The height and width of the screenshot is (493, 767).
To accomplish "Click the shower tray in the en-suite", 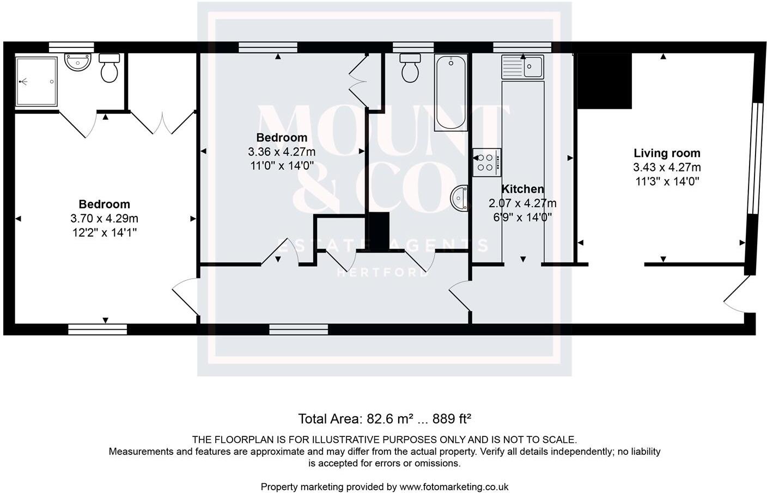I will tap(36, 82).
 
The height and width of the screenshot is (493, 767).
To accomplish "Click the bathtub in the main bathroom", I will tap(451, 93).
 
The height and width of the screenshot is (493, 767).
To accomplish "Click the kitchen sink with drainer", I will tap(522, 66).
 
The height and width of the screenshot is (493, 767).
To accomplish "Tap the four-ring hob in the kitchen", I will tap(486, 162).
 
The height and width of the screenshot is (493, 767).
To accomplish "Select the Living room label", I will tap(667, 153).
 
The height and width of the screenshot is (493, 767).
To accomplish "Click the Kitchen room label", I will tap(522, 189).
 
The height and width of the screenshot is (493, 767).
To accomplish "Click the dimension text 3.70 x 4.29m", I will tap(104, 219).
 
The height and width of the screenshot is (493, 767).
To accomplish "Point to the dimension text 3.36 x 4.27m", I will tap(282, 152).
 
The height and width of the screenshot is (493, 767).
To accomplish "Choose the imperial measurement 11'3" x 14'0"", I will tap(667, 182).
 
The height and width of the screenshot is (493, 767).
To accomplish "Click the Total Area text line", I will tap(384, 419).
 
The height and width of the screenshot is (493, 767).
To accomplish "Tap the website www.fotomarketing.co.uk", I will tap(454, 487).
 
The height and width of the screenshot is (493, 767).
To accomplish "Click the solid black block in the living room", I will tap(604, 81).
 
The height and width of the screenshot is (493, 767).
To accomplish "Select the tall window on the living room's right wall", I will tap(753, 158).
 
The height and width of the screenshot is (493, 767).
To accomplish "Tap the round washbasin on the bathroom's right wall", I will tap(460, 198).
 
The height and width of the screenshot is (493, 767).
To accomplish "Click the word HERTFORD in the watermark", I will tap(383, 273).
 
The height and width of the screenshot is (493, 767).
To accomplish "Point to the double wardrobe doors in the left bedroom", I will tap(162, 123).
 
